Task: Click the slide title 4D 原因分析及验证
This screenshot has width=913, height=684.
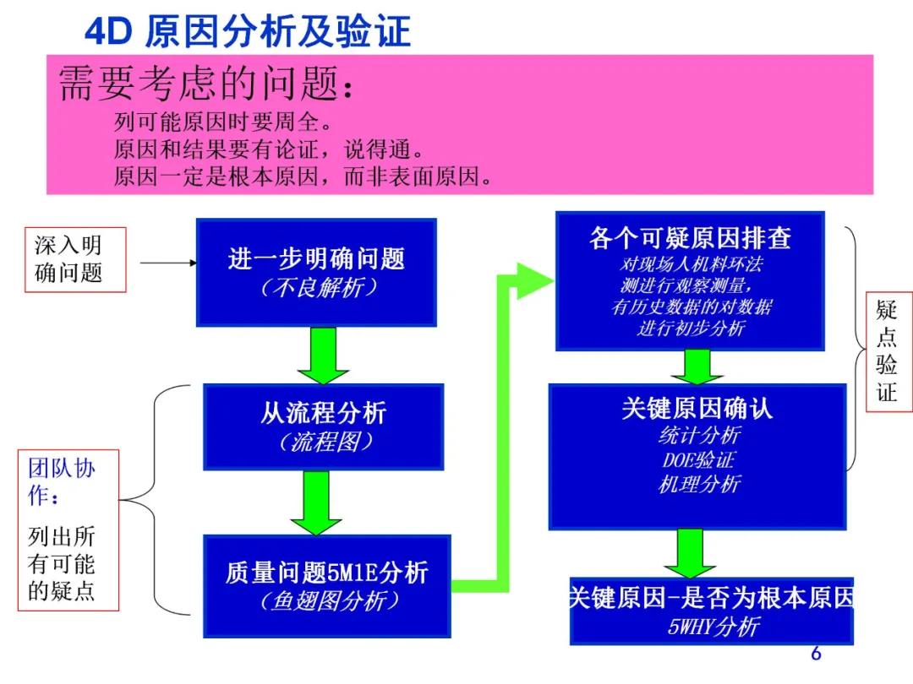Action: pyautogui.click(x=247, y=32)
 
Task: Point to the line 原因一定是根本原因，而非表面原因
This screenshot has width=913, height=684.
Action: pyautogui.click(x=303, y=177)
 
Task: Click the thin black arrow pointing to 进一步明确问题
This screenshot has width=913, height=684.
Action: pyautogui.click(x=167, y=263)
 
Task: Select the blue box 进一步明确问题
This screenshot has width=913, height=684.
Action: pyautogui.click(x=316, y=271)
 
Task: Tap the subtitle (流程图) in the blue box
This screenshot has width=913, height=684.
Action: pyautogui.click(x=324, y=442)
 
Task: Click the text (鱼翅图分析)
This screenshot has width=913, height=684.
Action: pyautogui.click(x=326, y=600)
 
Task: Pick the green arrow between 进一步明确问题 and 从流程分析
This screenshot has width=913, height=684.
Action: pyautogui.click(x=323, y=356)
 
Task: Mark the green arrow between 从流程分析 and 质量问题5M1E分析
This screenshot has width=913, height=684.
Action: pyautogui.click(x=315, y=502)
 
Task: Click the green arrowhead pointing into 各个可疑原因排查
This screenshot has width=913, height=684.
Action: pyautogui.click(x=533, y=280)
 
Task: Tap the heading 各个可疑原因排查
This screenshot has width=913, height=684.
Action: pyautogui.click(x=690, y=238)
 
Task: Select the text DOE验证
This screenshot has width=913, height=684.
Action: pyautogui.click(x=698, y=460)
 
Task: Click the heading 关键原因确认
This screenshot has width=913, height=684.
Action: pyautogui.click(x=697, y=410)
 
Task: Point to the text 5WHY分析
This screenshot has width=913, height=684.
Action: pyautogui.click(x=713, y=627)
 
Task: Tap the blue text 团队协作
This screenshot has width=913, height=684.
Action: pyautogui.click(x=61, y=481)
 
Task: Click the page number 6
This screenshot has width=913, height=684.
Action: pyautogui.click(x=816, y=653)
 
